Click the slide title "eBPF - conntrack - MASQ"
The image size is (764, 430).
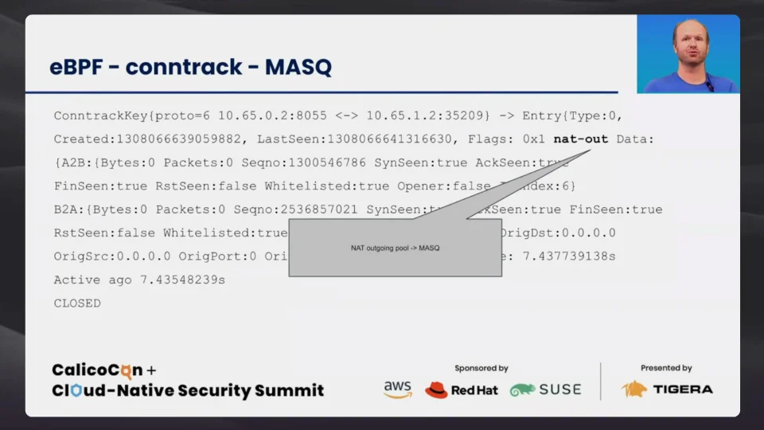[190, 68]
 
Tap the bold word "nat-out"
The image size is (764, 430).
[580, 139]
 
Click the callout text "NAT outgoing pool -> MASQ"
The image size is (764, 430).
[395, 248]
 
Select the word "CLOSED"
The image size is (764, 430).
[77, 303]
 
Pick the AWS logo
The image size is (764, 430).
[397, 389]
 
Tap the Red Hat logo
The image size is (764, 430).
[462, 390]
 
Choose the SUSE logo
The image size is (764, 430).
[546, 390]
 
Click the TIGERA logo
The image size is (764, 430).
[667, 389]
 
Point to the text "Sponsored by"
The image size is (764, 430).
[481, 369]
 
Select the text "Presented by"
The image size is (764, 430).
[666, 369]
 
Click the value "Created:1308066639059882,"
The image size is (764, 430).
[147, 139]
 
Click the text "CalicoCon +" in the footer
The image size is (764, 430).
[104, 370]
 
